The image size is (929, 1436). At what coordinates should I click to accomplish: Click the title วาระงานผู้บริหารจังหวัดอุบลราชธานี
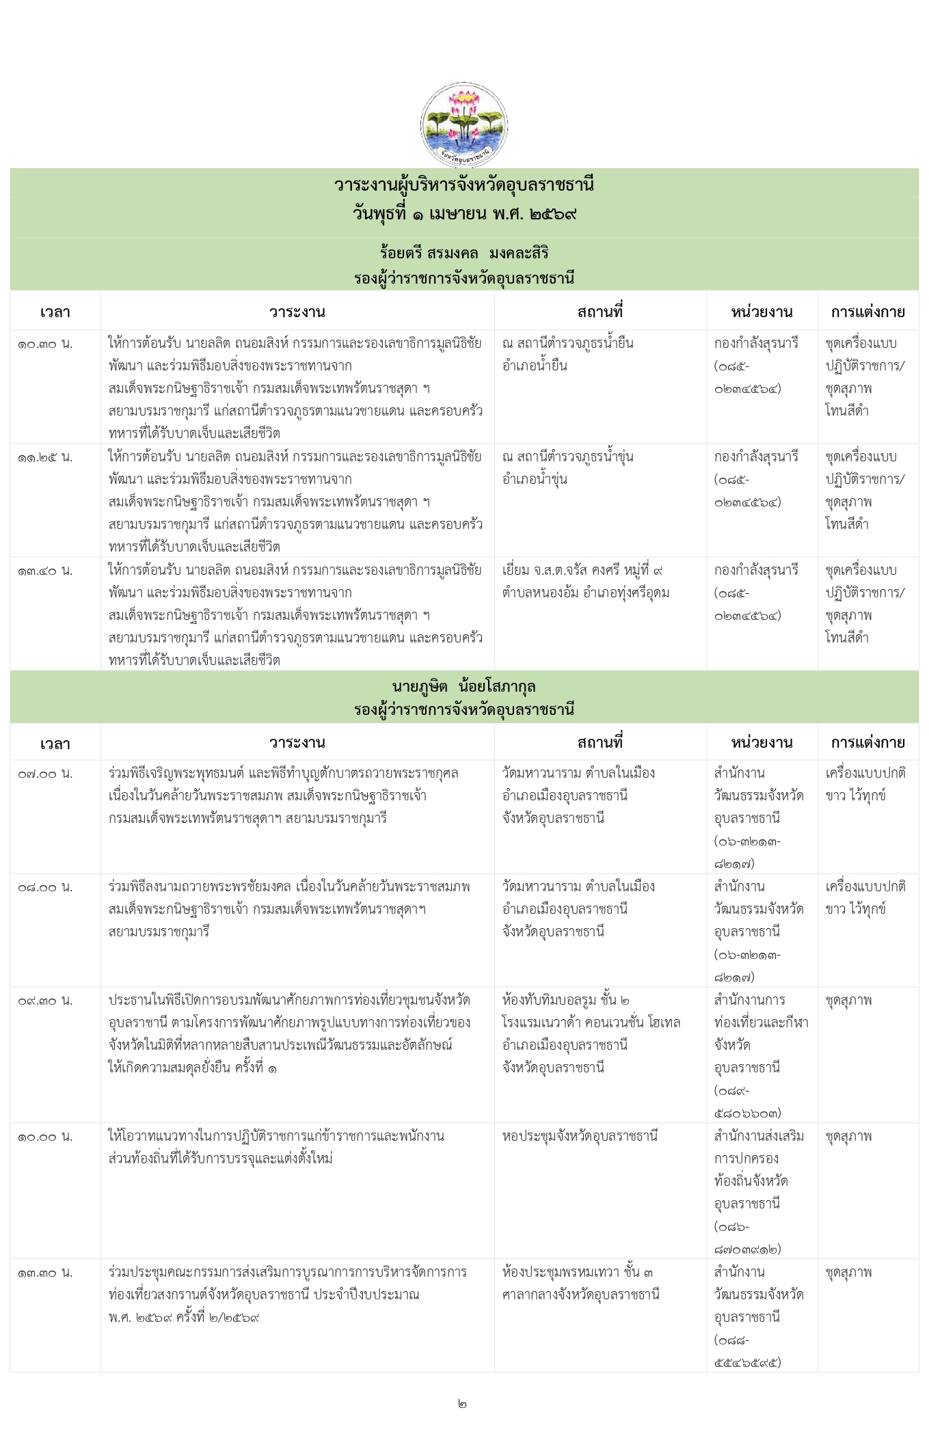pos(464,185)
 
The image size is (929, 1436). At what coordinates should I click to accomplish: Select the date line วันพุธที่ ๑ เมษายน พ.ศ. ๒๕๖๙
pos(464,214)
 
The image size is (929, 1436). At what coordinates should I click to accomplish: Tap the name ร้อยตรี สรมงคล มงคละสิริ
pos(464,254)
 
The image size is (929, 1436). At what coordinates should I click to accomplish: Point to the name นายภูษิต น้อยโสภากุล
pos(464,686)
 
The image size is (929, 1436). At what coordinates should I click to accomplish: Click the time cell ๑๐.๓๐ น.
pos(45,344)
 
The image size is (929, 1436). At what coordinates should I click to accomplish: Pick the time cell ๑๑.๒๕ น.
pos(45,457)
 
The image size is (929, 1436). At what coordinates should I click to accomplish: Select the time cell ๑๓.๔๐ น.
pos(45,571)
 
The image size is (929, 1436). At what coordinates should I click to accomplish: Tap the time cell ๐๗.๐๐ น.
pos(45,774)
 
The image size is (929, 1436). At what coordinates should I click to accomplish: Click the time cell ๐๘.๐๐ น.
pos(45,887)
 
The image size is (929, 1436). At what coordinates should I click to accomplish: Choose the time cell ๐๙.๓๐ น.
pos(45,1001)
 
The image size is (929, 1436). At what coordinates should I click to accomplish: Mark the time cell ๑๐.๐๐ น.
pos(45,1137)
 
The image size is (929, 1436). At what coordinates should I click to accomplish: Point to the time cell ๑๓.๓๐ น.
pos(45,1273)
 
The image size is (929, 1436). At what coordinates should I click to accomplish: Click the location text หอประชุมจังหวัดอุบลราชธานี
pos(580,1136)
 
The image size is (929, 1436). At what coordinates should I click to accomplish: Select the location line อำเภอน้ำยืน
pos(535,366)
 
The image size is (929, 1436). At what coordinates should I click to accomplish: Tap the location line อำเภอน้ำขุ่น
pos(535,479)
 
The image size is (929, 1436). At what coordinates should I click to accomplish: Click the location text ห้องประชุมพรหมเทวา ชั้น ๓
pos(578,1272)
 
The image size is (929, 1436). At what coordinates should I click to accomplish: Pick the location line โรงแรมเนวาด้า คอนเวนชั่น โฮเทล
pos(591,1022)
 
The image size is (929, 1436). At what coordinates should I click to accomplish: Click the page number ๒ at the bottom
pos(463,1404)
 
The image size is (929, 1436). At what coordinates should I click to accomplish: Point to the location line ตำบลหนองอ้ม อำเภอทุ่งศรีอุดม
pos(585,593)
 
